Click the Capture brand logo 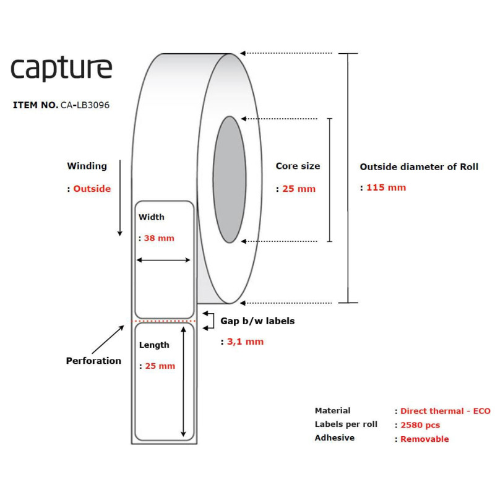click(x=61, y=69)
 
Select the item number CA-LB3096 click(x=85, y=105)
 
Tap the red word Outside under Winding click(x=92, y=189)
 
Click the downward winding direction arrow click(x=120, y=198)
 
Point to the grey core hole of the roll click(x=230, y=179)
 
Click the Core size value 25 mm click(x=299, y=189)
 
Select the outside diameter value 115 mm click(x=386, y=187)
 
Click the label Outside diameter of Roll click(x=419, y=166)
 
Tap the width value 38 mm click(x=159, y=238)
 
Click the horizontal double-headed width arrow click(x=163, y=260)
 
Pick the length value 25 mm click(x=160, y=366)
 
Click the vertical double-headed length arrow click(x=183, y=382)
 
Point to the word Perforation click(x=93, y=361)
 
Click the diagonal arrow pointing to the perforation click(x=108, y=339)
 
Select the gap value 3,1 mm click(x=245, y=342)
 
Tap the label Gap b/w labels click(x=257, y=321)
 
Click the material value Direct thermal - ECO click(x=445, y=411)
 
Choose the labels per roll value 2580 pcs click(x=420, y=425)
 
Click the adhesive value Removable click(x=424, y=439)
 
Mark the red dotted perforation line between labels click(x=164, y=321)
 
